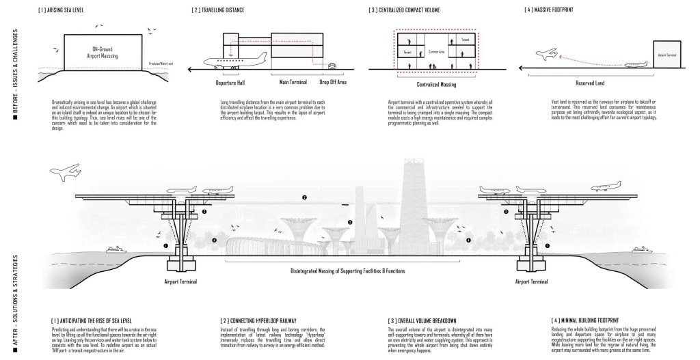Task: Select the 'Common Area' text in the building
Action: (436, 51)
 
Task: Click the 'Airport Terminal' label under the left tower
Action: (180, 281)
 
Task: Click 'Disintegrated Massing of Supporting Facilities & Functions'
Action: (349, 271)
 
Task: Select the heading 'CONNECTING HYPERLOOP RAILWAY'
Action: (250, 320)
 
